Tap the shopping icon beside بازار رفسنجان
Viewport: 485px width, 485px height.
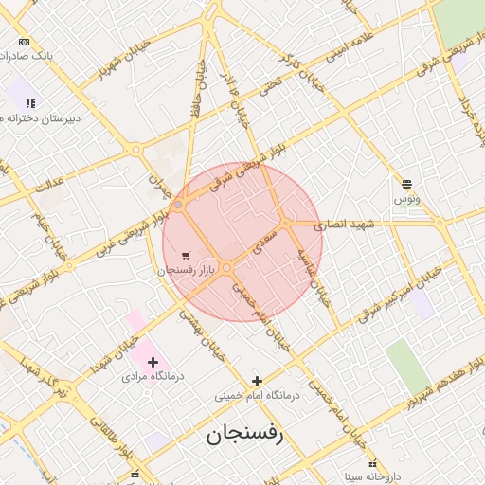click(x=186, y=255)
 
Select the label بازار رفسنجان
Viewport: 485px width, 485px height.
click(x=187, y=270)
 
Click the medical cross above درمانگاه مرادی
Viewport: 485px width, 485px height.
click(x=153, y=362)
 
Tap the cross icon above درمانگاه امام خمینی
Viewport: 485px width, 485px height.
click(x=257, y=381)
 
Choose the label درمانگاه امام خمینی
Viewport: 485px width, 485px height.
click(x=257, y=395)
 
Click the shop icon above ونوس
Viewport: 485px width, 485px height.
click(x=406, y=184)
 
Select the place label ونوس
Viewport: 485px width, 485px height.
click(x=407, y=199)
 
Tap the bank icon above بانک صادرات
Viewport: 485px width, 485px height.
click(x=24, y=43)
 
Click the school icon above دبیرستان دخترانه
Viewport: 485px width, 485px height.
click(x=30, y=103)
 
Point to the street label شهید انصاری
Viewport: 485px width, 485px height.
click(x=346, y=225)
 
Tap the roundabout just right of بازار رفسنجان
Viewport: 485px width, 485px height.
click(x=227, y=267)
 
